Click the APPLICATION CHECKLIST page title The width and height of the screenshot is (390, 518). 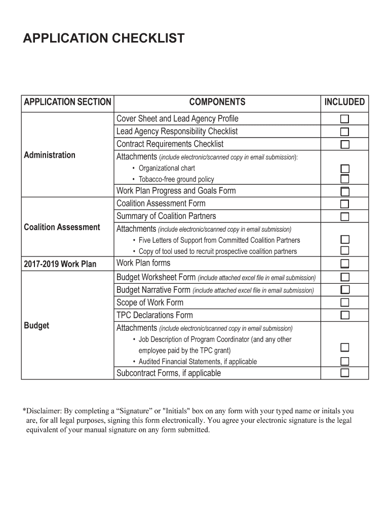pyautogui.click(x=104, y=38)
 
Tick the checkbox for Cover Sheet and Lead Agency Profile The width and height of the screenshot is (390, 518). pyautogui.click(x=344, y=119)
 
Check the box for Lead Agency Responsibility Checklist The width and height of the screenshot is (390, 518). pyautogui.click(x=344, y=132)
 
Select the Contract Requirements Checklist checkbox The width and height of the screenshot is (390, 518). pyautogui.click(x=344, y=145)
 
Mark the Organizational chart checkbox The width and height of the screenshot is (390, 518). pyautogui.click(x=344, y=168)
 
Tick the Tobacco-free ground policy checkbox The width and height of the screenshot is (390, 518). pyautogui.click(x=344, y=179)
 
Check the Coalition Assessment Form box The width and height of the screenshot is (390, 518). pyautogui.click(x=344, y=204)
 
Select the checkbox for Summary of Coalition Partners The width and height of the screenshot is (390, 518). pyautogui.click(x=344, y=217)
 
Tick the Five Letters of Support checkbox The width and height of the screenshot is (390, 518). pyautogui.click(x=344, y=240)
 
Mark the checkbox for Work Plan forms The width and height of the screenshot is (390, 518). pyautogui.click(x=344, y=264)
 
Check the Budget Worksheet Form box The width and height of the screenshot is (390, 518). pyautogui.click(x=344, y=277)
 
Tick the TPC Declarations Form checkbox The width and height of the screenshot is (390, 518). pyautogui.click(x=344, y=315)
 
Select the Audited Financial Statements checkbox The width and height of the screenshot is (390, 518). pyautogui.click(x=344, y=361)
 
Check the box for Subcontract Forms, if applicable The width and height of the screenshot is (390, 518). pyautogui.click(x=344, y=373)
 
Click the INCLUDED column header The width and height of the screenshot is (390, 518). pyautogui.click(x=344, y=102)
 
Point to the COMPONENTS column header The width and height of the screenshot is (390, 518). pyautogui.click(x=217, y=102)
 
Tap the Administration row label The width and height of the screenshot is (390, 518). pyautogui.click(x=50, y=155)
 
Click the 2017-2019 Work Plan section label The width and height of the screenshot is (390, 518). pyautogui.click(x=60, y=264)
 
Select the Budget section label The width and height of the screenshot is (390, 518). pyautogui.click(x=36, y=325)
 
